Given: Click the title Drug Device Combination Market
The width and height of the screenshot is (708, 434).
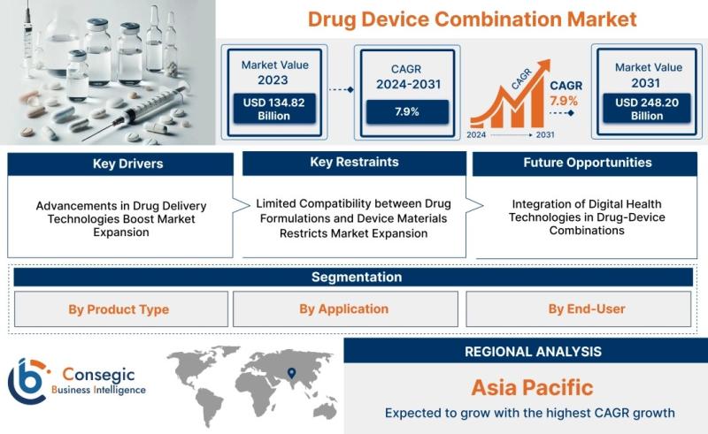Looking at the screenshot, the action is pyautogui.click(x=472, y=19).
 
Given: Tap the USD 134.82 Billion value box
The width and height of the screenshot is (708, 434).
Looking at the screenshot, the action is pyautogui.click(x=274, y=109).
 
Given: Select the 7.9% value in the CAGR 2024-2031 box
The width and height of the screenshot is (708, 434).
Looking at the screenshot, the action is pyautogui.click(x=407, y=111).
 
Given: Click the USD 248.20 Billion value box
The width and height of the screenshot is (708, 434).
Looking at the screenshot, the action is pyautogui.click(x=647, y=108).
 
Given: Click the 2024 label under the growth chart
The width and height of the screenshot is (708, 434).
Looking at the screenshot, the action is pyautogui.click(x=476, y=134).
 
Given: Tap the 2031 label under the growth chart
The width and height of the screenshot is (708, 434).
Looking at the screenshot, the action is pyautogui.click(x=545, y=134).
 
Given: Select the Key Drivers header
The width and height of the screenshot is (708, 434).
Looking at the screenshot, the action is pyautogui.click(x=120, y=164).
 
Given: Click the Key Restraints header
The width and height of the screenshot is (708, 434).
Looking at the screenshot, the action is pyautogui.click(x=355, y=163).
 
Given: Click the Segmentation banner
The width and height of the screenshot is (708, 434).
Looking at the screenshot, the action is pyautogui.click(x=353, y=277).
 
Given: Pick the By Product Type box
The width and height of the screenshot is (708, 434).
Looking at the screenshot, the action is pyautogui.click(x=121, y=309).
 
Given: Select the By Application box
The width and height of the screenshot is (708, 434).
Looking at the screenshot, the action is pyautogui.click(x=345, y=309).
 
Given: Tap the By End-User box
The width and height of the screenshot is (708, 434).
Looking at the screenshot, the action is pyautogui.click(x=579, y=309).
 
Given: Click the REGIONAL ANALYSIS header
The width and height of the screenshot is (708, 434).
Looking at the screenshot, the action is pyautogui.click(x=533, y=352).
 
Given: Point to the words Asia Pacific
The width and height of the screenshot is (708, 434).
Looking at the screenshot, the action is pyautogui.click(x=532, y=387).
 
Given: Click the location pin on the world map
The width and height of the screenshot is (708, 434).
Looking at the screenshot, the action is pyautogui.click(x=292, y=373).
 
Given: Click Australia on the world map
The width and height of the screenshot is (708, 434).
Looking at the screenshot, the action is pyautogui.click(x=324, y=411).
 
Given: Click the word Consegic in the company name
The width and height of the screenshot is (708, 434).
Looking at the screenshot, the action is pyautogui.click(x=98, y=375).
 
